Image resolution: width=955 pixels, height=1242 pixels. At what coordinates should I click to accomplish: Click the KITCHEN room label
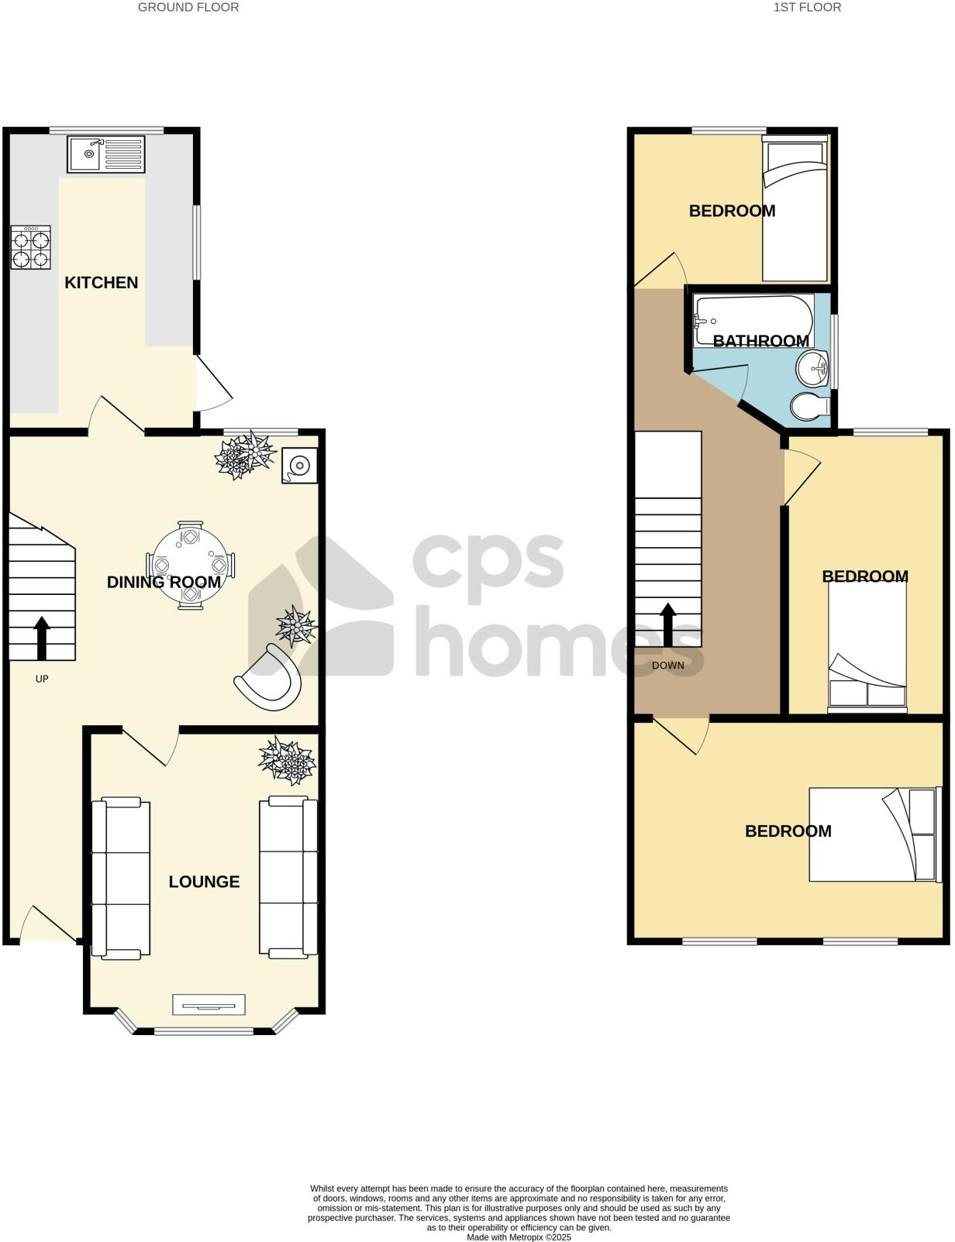tap(101, 283)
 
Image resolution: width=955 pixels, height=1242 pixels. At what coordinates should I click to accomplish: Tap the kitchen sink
tap(105, 154)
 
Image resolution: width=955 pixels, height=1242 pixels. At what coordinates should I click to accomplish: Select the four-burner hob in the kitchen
tap(31, 248)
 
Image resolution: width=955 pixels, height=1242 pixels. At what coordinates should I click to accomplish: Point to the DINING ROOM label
tap(164, 583)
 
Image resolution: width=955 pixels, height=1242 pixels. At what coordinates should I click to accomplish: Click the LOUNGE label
tap(204, 882)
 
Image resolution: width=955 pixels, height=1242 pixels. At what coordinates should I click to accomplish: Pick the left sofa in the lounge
tap(120, 877)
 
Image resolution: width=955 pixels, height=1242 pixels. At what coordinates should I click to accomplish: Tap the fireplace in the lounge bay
tap(209, 1005)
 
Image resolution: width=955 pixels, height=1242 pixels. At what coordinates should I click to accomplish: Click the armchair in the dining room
tap(270, 677)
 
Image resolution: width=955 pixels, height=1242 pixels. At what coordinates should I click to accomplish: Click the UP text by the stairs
tap(42, 679)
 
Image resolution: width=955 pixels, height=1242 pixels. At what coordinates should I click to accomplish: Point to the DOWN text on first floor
tap(667, 666)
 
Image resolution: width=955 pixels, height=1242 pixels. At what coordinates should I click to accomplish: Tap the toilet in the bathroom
tap(808, 406)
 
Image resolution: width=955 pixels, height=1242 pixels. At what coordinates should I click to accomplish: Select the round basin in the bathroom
tap(812, 366)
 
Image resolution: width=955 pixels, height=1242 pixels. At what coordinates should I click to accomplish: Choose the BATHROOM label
tap(760, 341)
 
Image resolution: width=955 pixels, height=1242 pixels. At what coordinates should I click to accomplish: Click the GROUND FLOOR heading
tap(188, 8)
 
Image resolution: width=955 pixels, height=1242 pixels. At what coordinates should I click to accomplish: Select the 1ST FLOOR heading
tap(807, 8)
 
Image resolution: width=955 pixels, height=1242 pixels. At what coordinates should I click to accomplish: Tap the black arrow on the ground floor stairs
tap(42, 637)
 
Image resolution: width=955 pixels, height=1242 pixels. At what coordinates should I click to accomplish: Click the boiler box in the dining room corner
tap(299, 466)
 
